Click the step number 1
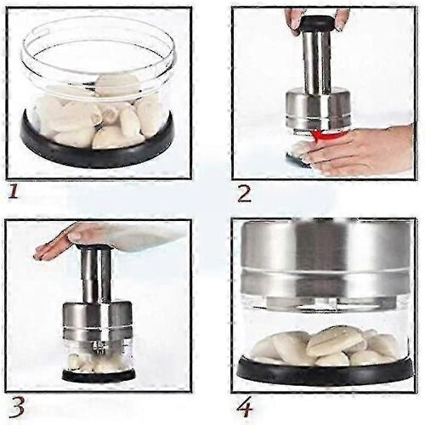coord(13,192)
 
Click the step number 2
coord(244,195)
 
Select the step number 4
coord(245,408)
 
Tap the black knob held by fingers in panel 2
coord(317,23)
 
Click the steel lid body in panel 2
coord(318,110)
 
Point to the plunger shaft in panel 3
coord(96,275)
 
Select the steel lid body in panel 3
coord(97,317)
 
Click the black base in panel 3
coord(99,377)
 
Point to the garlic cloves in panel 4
coord(326,347)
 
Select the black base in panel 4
coord(325,372)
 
